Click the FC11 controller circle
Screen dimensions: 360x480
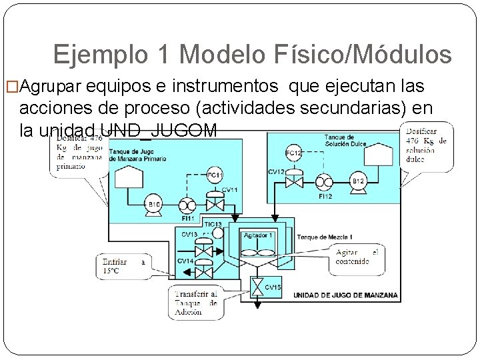coord(214,175)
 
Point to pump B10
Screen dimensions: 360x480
coord(154,203)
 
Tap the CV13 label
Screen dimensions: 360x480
coord(189,235)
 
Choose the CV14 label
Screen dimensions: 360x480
coord(185,261)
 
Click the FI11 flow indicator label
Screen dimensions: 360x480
coord(189,218)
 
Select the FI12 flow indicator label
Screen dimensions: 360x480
coord(325,197)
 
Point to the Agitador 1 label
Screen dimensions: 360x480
coord(257,235)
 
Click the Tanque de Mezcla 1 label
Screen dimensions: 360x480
coord(325,237)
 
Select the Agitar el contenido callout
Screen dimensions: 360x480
coord(357,257)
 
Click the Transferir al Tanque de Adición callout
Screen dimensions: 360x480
coord(195,303)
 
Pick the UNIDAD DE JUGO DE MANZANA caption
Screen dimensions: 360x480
coord(345,295)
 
